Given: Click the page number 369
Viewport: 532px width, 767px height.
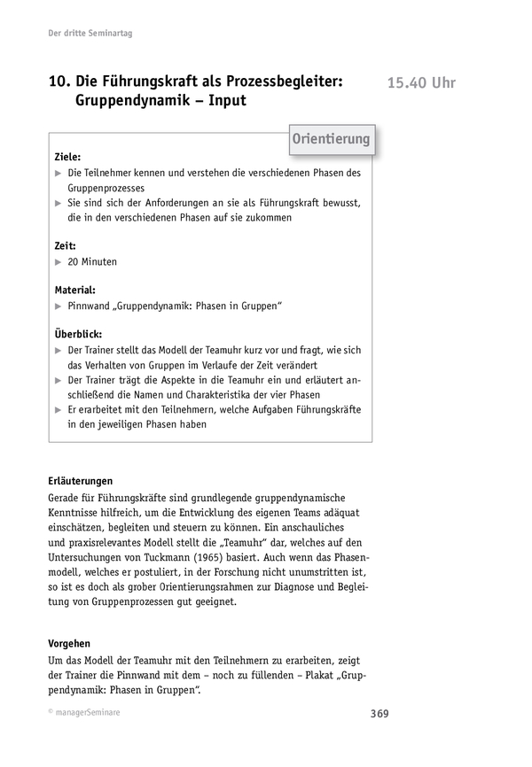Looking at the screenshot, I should tap(378, 714).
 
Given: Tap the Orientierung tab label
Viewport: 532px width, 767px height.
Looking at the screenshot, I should tap(331, 139).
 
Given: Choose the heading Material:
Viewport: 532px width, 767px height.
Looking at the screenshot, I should tap(75, 290).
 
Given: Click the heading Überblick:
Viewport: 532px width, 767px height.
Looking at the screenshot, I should tap(77, 335).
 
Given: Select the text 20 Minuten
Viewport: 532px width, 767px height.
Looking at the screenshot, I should tap(92, 262).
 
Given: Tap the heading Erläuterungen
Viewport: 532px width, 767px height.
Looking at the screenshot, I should tap(87, 481).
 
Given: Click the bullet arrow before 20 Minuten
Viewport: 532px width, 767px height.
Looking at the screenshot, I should tap(58, 262).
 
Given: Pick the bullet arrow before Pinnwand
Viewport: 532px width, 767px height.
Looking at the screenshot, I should tap(58, 306).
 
